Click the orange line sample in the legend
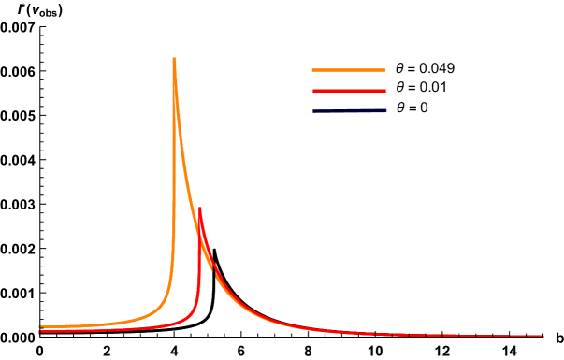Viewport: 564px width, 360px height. click(348, 70)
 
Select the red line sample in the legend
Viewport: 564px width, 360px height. click(348, 91)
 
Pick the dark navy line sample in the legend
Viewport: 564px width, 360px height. click(348, 111)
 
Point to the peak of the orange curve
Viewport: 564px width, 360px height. click(174, 59)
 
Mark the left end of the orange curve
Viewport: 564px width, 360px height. click(40, 327)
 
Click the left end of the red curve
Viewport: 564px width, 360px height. click(40, 331)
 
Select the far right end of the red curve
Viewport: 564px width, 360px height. click(542, 336)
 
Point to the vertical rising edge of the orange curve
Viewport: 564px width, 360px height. click(173, 187)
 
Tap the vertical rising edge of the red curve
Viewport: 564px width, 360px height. click(198, 271)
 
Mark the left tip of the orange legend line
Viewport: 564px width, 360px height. click(312, 70)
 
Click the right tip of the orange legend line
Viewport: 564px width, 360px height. click(385, 70)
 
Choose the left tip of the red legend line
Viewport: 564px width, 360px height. click(312, 91)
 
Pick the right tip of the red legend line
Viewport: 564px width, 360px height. click(385, 91)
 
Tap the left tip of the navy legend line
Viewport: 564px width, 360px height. click(312, 111)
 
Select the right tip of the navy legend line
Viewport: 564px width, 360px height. click(385, 111)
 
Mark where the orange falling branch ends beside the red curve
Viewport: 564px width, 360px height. click(214, 272)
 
